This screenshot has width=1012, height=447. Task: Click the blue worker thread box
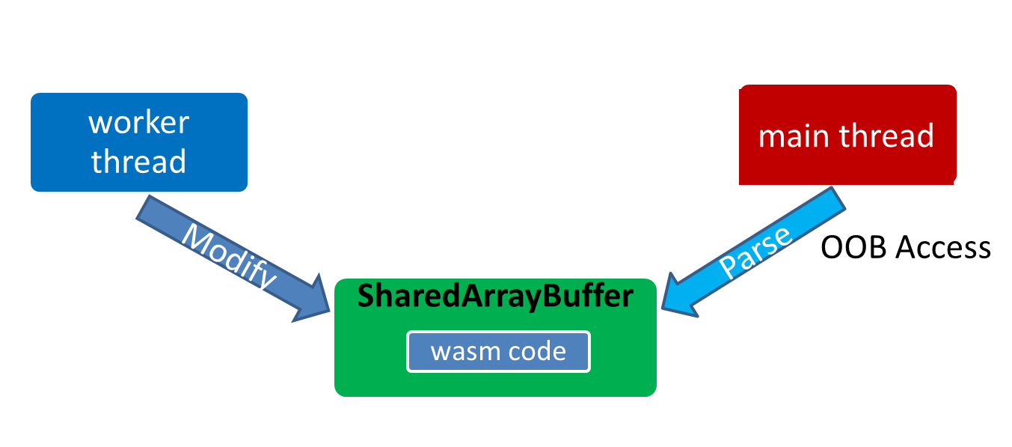click(138, 142)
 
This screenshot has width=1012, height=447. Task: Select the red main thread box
click(847, 135)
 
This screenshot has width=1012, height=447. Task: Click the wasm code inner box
click(498, 351)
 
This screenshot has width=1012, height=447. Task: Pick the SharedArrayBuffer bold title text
click(495, 297)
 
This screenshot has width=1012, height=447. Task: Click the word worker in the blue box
click(138, 122)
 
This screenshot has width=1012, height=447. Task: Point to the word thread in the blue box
click(138, 161)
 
